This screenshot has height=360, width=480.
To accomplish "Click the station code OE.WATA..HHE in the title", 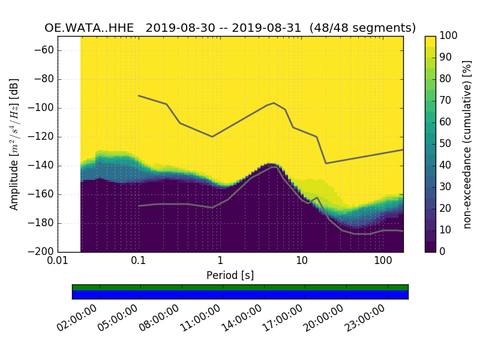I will [91, 28].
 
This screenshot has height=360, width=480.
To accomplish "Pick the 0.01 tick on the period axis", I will [58, 261].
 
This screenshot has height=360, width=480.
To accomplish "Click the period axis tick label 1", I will [220, 261].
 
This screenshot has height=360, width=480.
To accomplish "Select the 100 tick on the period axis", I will [383, 261].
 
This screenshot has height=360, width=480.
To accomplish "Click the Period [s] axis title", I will [230, 275].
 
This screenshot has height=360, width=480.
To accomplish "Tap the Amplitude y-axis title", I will [14, 144].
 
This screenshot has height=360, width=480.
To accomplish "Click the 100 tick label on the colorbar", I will [449, 36].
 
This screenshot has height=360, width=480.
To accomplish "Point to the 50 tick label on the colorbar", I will [446, 144].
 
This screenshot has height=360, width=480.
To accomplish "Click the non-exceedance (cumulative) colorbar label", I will [467, 144].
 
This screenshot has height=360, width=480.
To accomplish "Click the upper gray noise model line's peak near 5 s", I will [274, 103].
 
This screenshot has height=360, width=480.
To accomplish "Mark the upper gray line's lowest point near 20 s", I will [326, 163].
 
